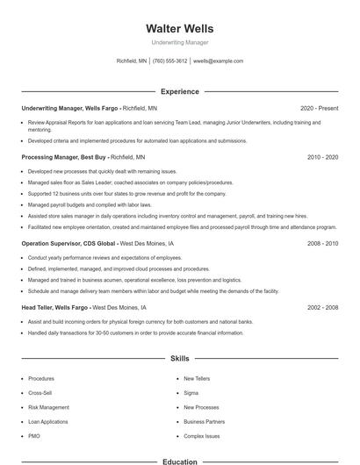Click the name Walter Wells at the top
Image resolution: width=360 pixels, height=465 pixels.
[179, 29]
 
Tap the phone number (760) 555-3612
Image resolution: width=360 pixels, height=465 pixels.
[169, 61]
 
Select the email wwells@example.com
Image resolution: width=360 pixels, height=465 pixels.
[218, 61]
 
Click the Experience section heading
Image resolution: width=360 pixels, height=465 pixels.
[179, 91]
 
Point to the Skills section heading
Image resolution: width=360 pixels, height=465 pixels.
[179, 358]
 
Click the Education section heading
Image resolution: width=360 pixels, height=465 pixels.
[179, 461]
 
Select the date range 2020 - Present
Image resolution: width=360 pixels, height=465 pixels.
[319, 108]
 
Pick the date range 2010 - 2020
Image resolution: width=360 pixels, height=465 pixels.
[322, 156]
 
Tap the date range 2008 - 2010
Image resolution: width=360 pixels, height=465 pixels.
[322, 243]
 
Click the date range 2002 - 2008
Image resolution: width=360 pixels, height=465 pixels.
[322, 308]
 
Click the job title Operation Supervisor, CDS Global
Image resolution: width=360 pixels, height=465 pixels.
[68, 243]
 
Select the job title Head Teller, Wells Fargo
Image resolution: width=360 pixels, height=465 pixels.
[55, 308]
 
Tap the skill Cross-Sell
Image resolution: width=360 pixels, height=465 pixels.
[40, 393]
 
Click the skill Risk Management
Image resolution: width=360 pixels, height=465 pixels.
[48, 407]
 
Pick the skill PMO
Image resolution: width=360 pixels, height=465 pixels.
[34, 435]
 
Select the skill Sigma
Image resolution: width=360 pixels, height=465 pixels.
[191, 393]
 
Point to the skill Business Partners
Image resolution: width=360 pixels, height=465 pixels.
[204, 421]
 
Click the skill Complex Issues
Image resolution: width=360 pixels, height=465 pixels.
[201, 435]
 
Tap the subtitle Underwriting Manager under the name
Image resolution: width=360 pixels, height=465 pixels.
[179, 42]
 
